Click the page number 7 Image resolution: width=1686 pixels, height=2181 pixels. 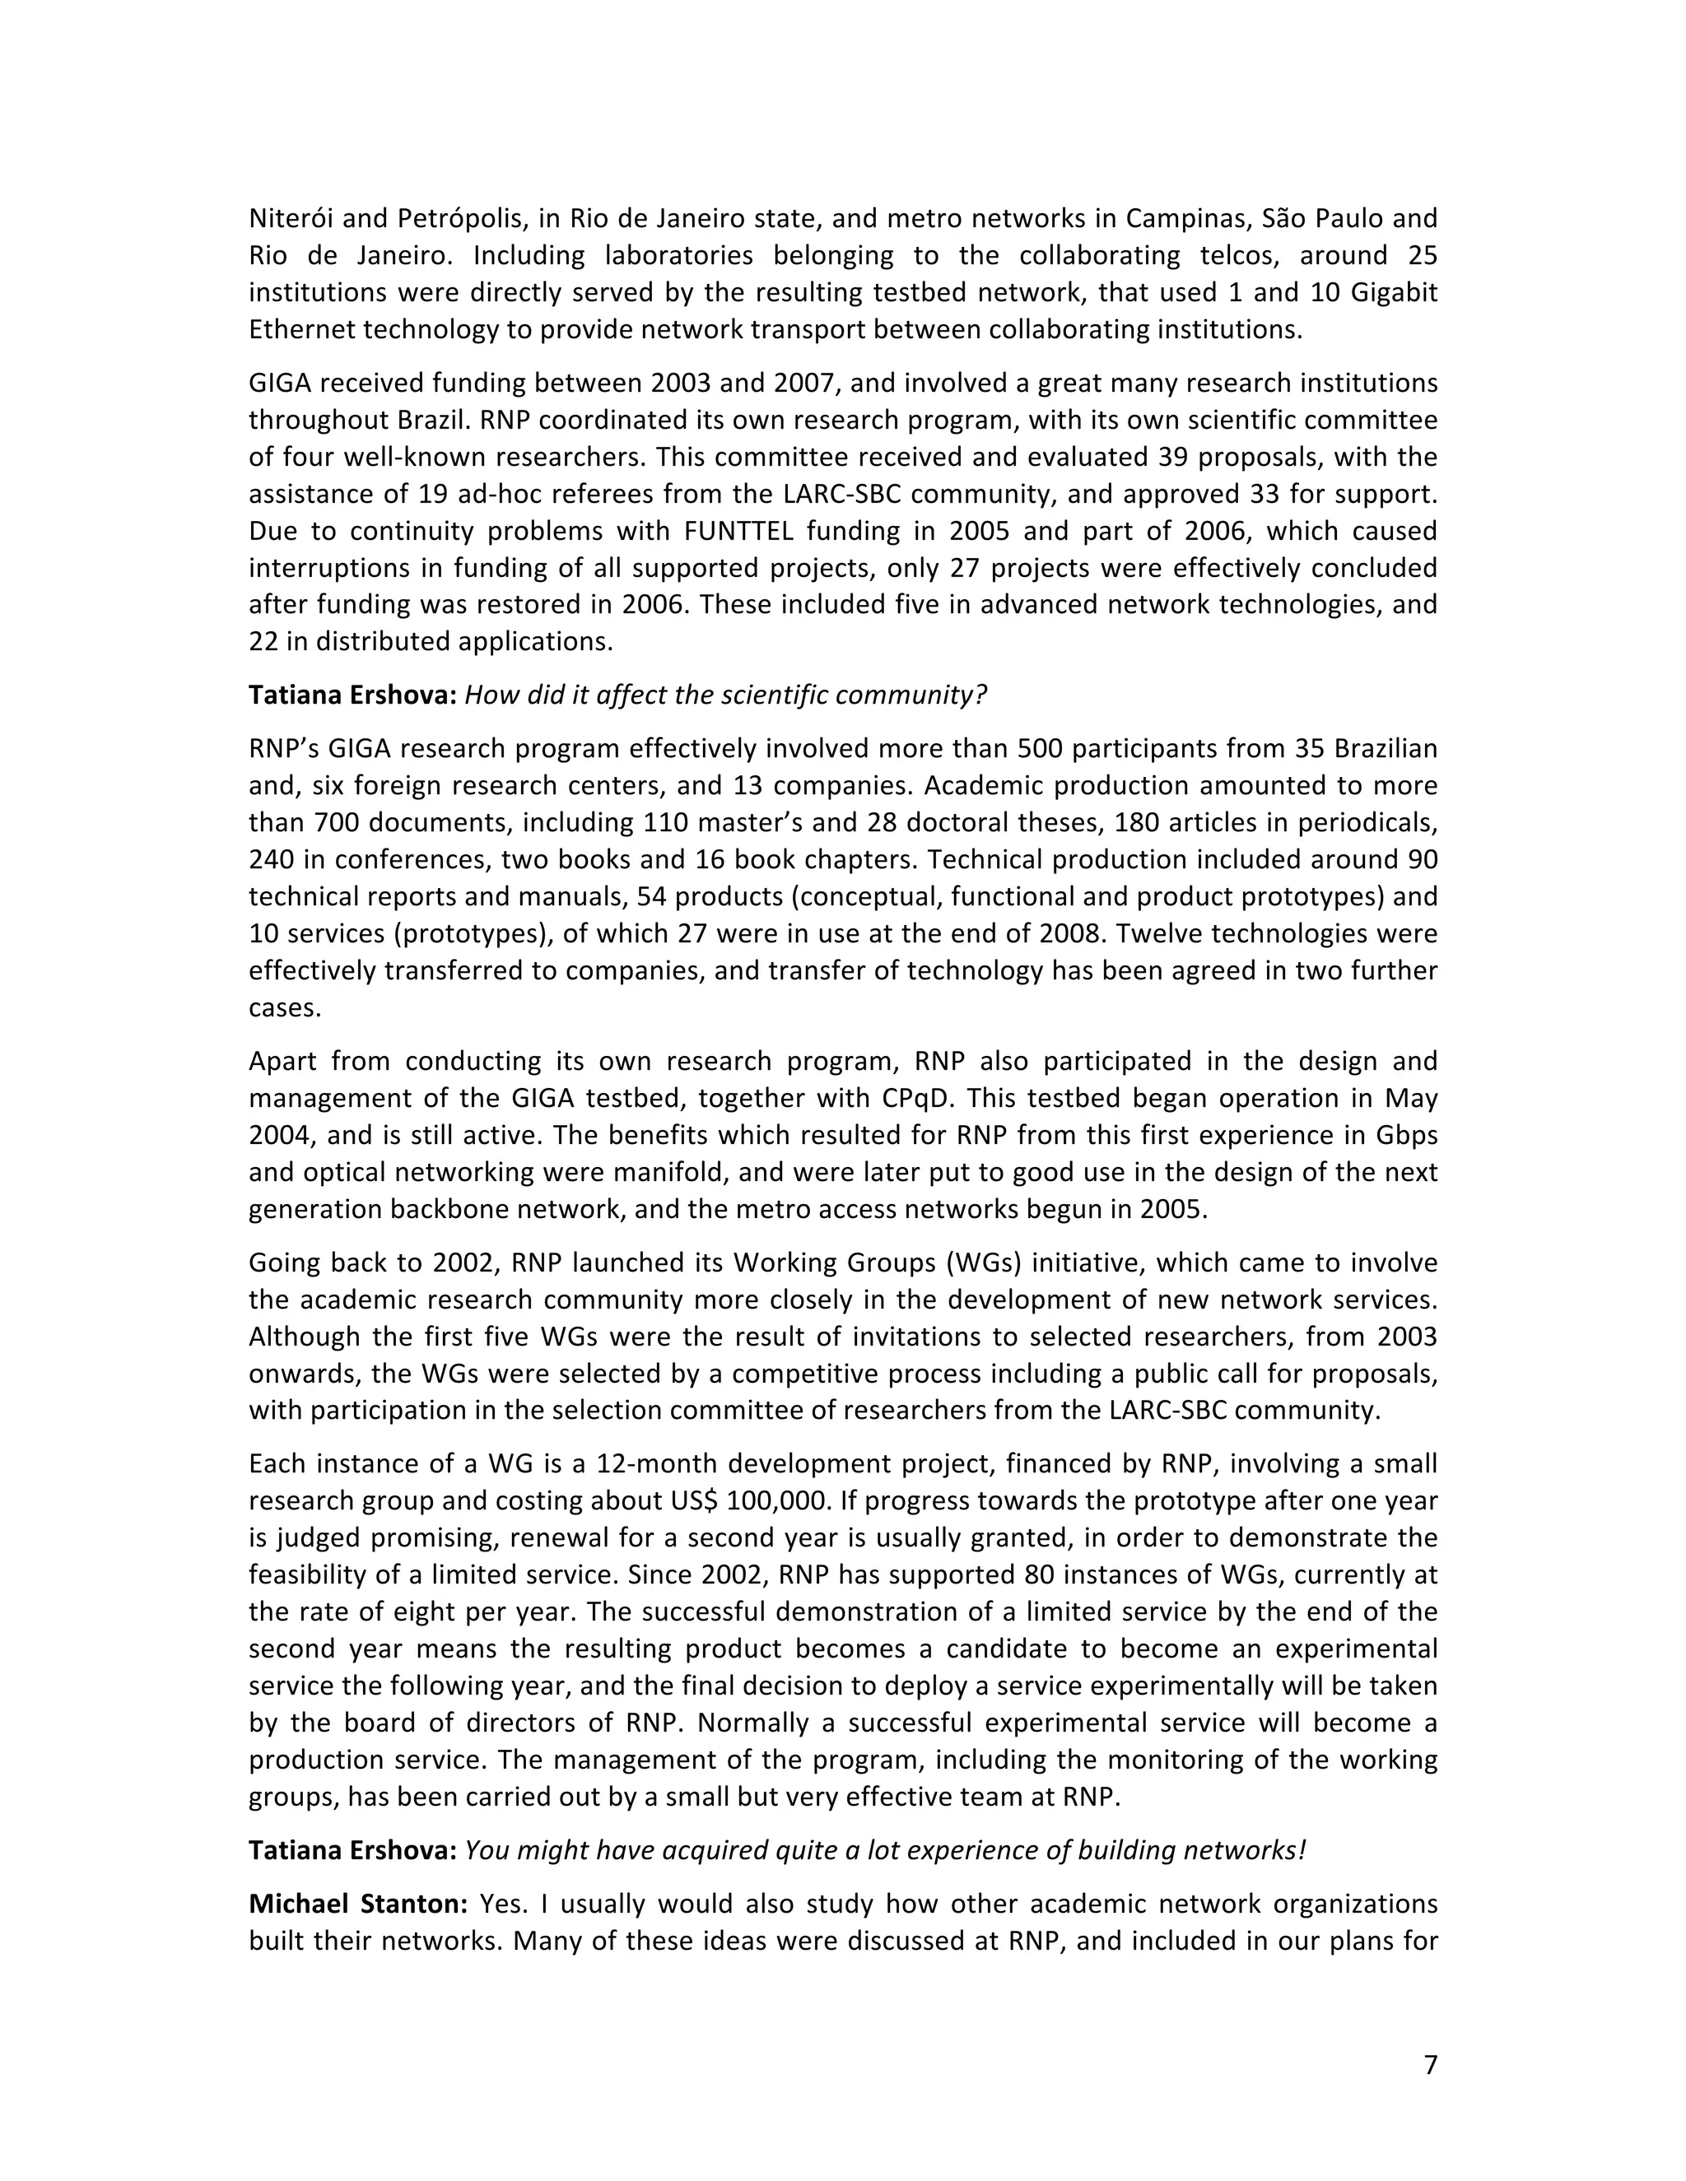(x=1429, y=2064)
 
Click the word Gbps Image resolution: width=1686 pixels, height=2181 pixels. (x=1406, y=1136)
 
